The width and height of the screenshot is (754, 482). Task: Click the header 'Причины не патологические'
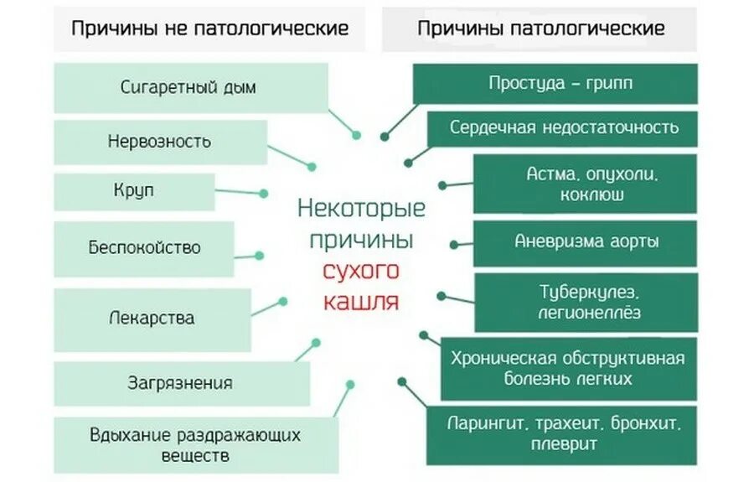(209, 29)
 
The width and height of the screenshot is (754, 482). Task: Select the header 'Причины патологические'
(540, 29)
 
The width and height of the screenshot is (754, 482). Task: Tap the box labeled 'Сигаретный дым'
(191, 87)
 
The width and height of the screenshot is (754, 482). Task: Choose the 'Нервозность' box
(159, 141)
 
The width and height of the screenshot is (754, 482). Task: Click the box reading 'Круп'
(134, 191)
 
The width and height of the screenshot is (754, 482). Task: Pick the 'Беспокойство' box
(144, 248)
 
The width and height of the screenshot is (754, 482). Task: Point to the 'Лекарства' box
(152, 319)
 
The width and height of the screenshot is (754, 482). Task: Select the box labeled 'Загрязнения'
(180, 383)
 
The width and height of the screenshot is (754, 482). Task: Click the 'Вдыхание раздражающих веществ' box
(194, 445)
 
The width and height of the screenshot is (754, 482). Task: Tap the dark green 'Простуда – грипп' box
(555, 84)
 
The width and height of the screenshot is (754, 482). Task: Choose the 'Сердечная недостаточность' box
(563, 128)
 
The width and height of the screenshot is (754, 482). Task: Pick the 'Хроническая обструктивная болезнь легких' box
(568, 367)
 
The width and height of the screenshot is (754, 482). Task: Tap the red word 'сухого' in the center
(361, 271)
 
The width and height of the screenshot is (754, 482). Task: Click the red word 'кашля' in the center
(361, 300)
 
